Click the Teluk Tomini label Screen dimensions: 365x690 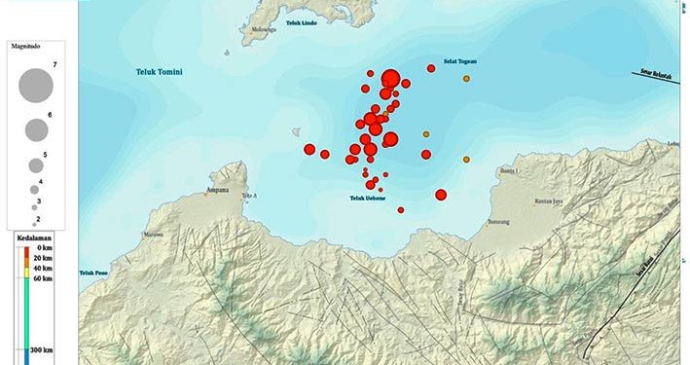tap(160, 72)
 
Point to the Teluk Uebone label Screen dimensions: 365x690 tap(368, 199)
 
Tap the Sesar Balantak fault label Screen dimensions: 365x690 tap(659, 71)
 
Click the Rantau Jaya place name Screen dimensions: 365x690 tap(549, 201)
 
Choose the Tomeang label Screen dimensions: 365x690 tap(497, 220)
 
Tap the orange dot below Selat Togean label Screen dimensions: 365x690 tap(467, 78)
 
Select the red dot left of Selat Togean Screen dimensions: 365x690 tap(431, 68)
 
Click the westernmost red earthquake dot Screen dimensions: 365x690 tap(309, 149)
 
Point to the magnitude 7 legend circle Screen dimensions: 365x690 tap(35, 85)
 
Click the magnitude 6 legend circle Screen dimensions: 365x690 tap(36, 129)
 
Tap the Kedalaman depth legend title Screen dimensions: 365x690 tap(33, 237)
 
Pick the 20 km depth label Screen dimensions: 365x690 tap(42, 257)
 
